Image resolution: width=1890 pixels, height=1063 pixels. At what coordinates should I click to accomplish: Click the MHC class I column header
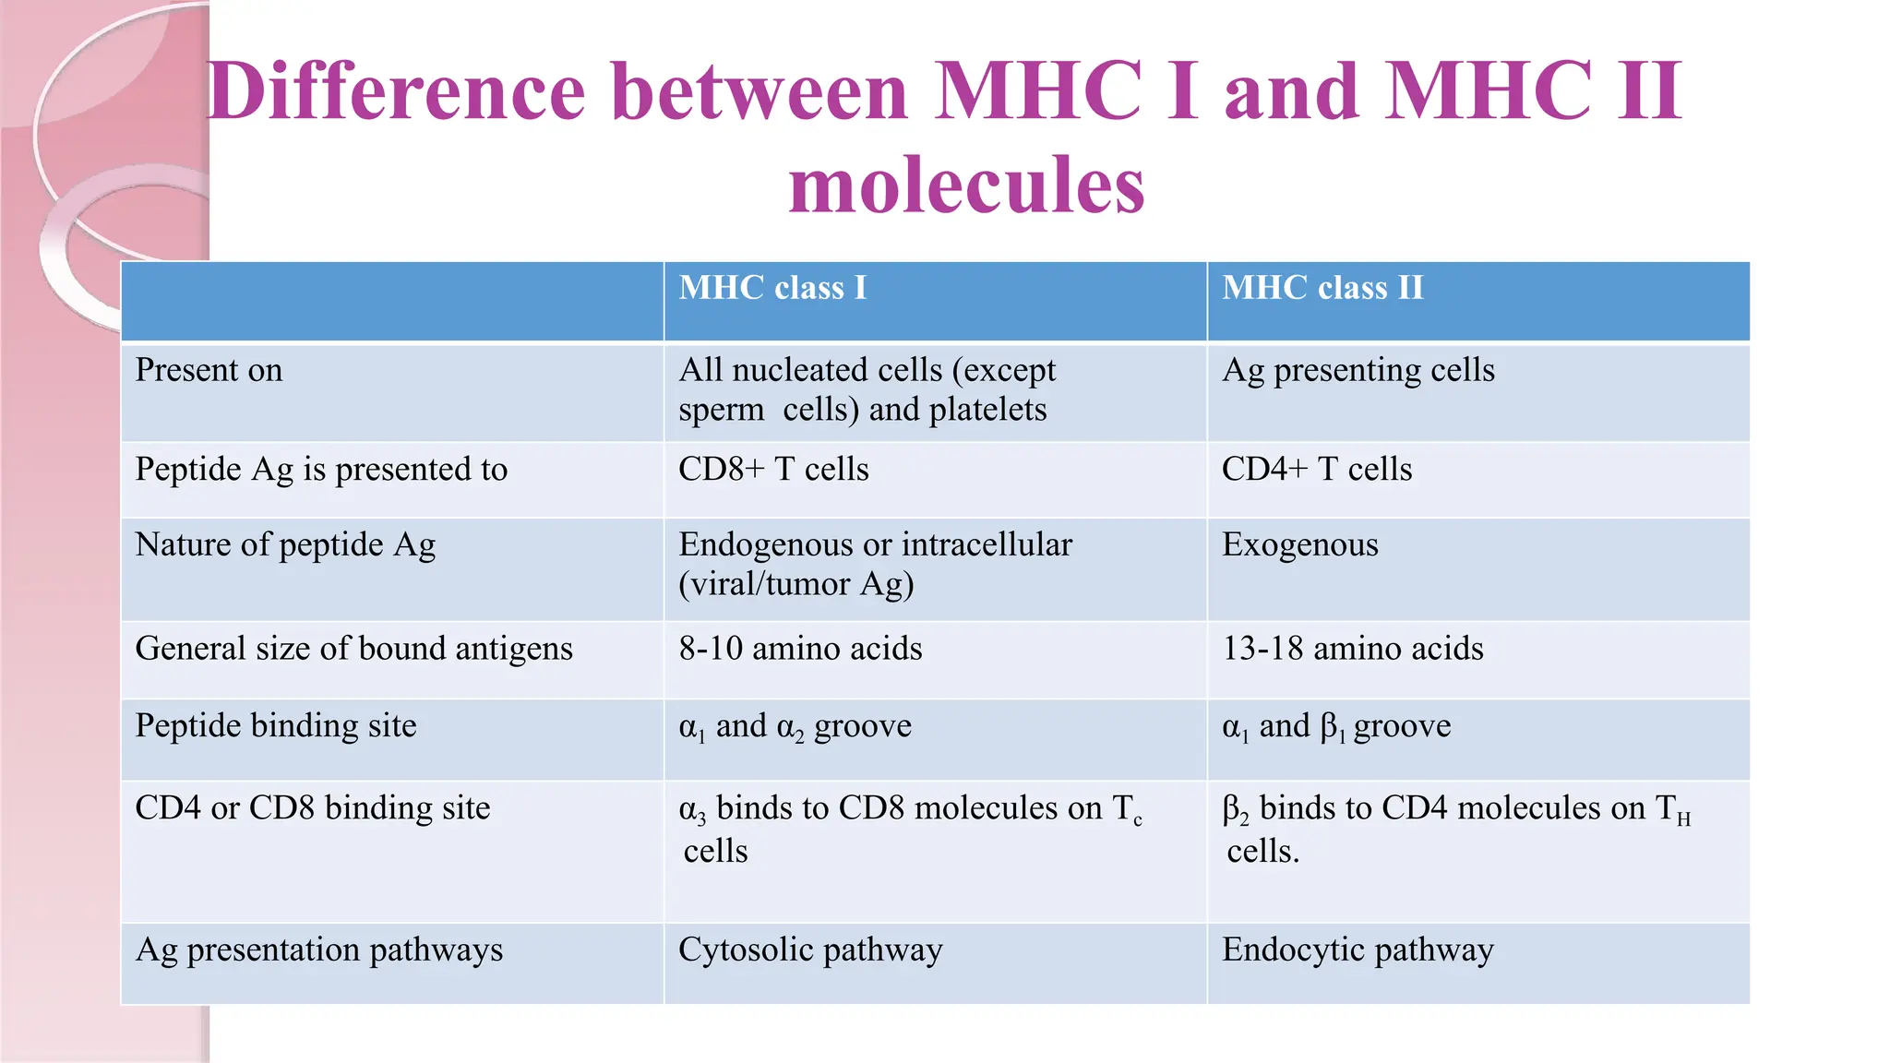click(x=772, y=288)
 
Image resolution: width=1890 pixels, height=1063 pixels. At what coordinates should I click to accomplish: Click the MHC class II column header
click(x=1322, y=288)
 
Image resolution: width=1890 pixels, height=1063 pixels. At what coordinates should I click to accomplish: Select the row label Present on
click(x=209, y=370)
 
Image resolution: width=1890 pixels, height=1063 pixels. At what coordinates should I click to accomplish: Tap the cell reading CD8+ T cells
click(x=773, y=470)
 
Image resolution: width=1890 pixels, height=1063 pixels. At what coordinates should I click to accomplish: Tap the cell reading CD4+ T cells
click(x=1317, y=470)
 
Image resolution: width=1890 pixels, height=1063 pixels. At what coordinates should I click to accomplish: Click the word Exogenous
click(x=1299, y=545)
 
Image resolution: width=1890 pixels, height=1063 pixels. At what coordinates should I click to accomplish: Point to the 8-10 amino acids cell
click(x=800, y=649)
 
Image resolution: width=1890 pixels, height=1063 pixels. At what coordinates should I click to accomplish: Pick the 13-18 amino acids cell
click(x=1353, y=649)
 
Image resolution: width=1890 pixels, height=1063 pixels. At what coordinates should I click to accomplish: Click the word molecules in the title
click(x=966, y=185)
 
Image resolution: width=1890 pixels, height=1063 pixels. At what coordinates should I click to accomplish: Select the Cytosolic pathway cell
click(x=810, y=950)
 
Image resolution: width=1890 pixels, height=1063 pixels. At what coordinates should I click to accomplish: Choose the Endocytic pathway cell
click(x=1358, y=950)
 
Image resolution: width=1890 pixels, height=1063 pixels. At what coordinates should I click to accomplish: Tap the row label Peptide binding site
click(x=276, y=726)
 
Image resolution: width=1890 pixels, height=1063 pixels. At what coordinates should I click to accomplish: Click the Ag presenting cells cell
click(x=1358, y=370)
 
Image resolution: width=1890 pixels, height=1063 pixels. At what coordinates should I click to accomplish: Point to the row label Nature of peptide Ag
click(x=285, y=545)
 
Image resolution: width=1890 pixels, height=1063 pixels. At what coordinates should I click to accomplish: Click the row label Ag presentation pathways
click(x=319, y=950)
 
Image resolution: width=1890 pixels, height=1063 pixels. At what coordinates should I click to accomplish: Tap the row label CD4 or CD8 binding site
click(x=313, y=808)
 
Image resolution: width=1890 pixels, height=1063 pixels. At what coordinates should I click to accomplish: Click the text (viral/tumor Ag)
click(x=795, y=585)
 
